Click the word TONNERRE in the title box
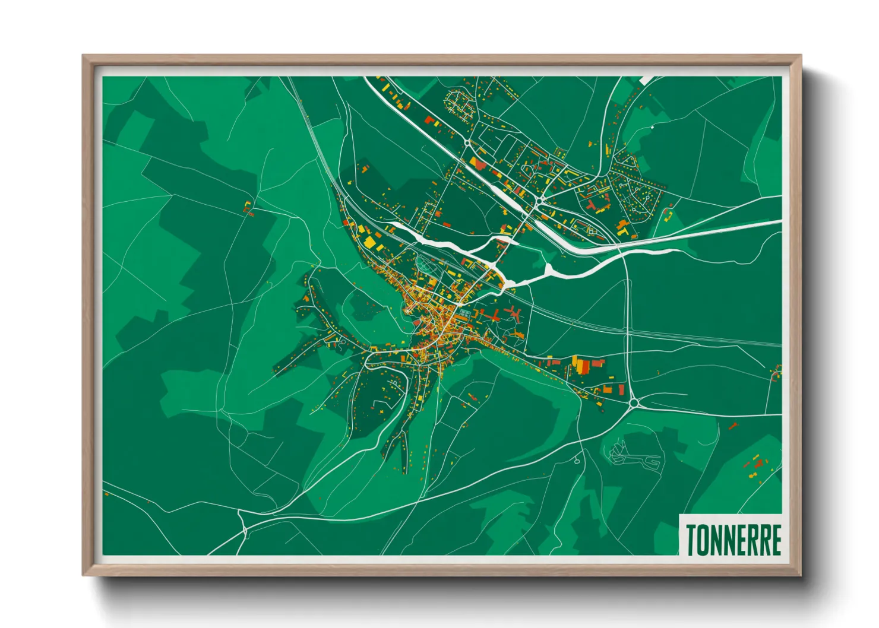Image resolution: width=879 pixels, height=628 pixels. click(x=733, y=540)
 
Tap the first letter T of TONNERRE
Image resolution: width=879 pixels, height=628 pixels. click(x=691, y=540)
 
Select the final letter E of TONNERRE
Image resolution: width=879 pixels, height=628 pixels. click(x=775, y=540)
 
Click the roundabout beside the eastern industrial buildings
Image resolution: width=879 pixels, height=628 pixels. click(x=634, y=403)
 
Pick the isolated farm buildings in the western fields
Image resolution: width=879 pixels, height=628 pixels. click(x=248, y=208)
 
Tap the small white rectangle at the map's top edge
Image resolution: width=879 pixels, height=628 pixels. click(x=646, y=79)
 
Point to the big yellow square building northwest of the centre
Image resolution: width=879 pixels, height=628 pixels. click(x=370, y=242)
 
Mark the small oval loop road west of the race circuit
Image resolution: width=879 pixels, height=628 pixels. click(x=577, y=461)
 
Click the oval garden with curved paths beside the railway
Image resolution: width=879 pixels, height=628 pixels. click(x=425, y=264)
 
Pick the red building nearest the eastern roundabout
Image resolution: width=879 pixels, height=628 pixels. click(x=621, y=389)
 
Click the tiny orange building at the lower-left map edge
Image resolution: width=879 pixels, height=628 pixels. click(x=106, y=493)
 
